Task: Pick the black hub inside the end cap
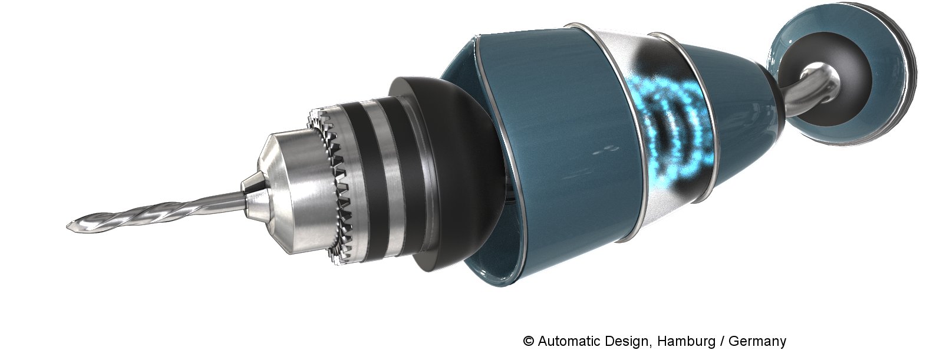(821, 84)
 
